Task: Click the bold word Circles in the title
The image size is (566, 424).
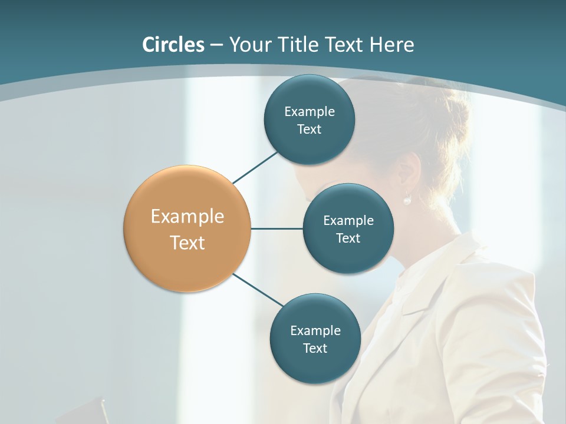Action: point(173,45)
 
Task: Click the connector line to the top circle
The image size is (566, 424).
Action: point(256,167)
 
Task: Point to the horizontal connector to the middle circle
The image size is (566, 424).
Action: point(277,228)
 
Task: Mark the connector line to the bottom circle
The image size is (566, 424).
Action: point(258,290)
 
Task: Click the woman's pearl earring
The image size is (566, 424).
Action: point(407,200)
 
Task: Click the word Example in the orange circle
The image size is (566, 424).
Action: point(187,217)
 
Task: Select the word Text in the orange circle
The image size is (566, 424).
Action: point(187,243)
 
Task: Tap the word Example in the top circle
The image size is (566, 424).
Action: point(310,111)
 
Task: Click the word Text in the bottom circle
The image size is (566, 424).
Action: point(315,348)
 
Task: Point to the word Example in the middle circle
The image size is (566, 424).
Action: point(348,220)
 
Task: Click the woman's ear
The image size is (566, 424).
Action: point(408,174)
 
